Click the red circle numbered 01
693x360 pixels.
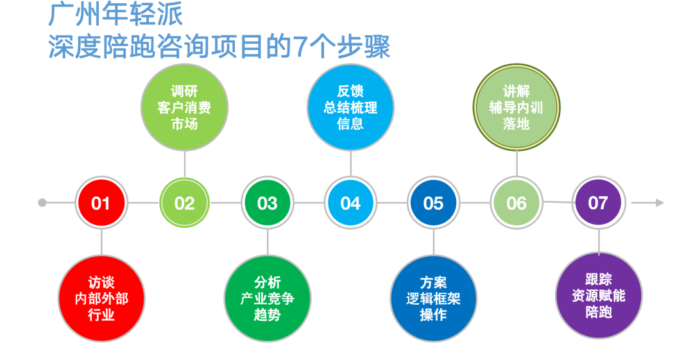(x=101, y=203)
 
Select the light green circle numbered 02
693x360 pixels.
(x=184, y=203)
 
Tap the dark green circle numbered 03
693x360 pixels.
(x=267, y=203)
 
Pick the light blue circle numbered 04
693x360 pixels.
(x=350, y=203)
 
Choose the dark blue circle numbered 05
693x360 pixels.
(x=433, y=203)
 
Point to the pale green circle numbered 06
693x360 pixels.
(x=516, y=203)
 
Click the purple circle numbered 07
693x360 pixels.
(x=598, y=203)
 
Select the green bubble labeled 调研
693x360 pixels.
(x=184, y=108)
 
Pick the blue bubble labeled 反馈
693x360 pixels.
(x=350, y=108)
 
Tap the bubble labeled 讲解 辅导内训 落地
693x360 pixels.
(x=516, y=108)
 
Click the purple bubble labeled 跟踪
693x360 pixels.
(x=598, y=296)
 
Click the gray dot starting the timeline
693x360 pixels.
(x=42, y=203)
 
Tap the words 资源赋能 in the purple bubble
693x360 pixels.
(x=598, y=296)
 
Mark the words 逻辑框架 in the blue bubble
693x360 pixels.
(x=433, y=298)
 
